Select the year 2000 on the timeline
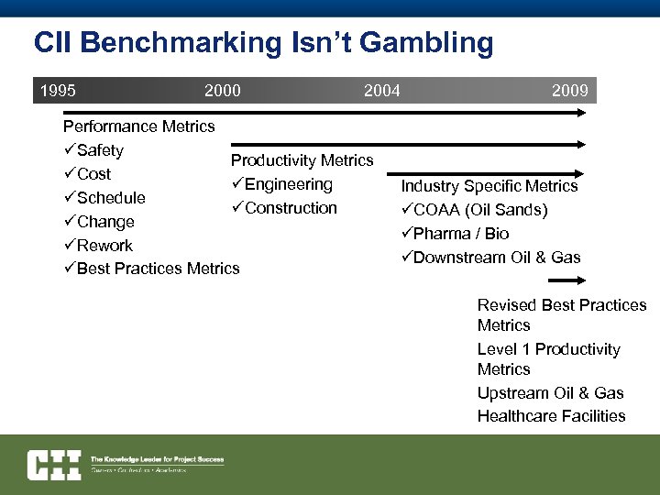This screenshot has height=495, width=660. coord(222,90)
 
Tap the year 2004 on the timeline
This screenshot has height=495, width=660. coord(381,90)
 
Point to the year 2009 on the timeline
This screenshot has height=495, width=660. coord(569,90)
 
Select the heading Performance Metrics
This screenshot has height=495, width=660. coord(138,126)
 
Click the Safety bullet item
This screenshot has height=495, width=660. coord(99,150)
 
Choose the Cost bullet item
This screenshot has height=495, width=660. coord(93,174)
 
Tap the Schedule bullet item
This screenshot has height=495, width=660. coord(110,198)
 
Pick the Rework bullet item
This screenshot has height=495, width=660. coord(104,246)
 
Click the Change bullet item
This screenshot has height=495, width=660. coord(104,222)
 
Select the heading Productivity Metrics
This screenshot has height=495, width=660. coord(302,160)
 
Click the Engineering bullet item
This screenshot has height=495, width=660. coord(287,184)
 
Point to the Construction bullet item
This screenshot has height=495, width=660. coord(290,208)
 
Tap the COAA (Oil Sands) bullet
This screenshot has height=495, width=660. coord(478,210)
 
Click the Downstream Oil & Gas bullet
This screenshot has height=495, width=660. coord(495,258)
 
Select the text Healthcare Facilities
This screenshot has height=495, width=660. coord(551,416)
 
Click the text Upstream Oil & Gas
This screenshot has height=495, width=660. coord(550,393)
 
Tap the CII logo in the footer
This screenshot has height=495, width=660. coord(53,465)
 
